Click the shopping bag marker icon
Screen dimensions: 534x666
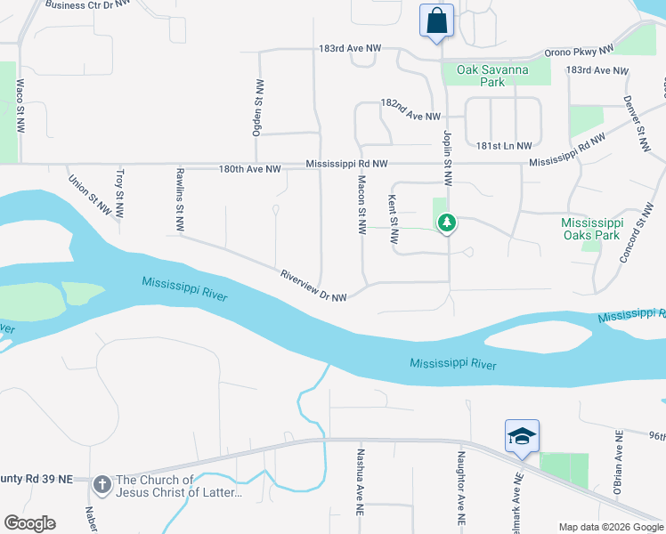pos(437,20)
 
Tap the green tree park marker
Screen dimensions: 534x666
pos(448,222)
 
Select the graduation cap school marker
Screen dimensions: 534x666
pos(522,436)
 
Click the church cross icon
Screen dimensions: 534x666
pos(102,486)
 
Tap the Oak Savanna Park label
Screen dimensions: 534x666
pos(492,76)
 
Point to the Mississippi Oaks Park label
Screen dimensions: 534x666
pos(590,229)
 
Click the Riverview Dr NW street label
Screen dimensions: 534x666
pos(313,285)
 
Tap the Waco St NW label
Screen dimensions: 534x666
pos(20,107)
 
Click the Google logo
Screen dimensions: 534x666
pos(29,523)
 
